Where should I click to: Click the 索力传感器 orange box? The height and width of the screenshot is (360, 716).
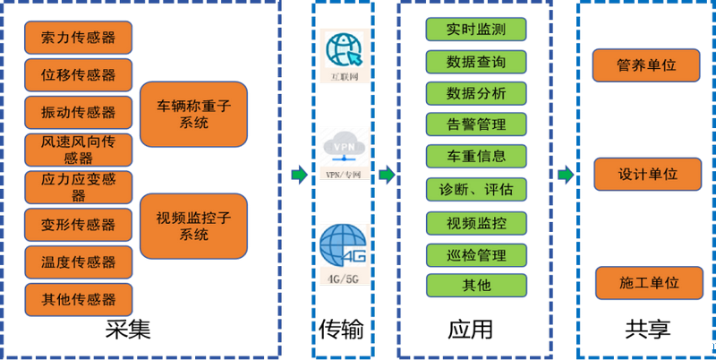pyautogui.click(x=79, y=38)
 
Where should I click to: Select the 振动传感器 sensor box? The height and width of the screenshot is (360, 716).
pyautogui.click(x=79, y=112)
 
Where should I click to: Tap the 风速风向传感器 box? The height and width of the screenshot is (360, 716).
pyautogui.click(x=79, y=150)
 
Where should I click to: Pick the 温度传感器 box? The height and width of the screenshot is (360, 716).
pyautogui.click(x=79, y=261)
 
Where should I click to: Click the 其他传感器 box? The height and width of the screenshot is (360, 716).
pyautogui.click(x=79, y=299)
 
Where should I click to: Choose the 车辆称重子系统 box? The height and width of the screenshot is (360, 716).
pyautogui.click(x=193, y=114)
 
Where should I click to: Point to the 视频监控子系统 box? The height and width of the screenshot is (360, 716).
pyautogui.click(x=193, y=226)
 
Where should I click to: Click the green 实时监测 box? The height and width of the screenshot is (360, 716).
pyautogui.click(x=476, y=29)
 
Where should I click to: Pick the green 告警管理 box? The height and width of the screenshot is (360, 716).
pyautogui.click(x=476, y=124)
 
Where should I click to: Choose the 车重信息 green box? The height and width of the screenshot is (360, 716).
pyautogui.click(x=476, y=156)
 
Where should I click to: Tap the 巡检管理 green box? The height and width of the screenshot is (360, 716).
pyautogui.click(x=476, y=255)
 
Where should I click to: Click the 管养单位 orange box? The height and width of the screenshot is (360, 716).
pyautogui.click(x=647, y=65)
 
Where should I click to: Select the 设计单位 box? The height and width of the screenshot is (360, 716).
pyautogui.click(x=647, y=174)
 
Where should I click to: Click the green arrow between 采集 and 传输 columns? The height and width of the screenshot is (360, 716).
pyautogui.click(x=298, y=174)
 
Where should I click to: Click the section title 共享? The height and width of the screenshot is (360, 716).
pyautogui.click(x=647, y=330)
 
